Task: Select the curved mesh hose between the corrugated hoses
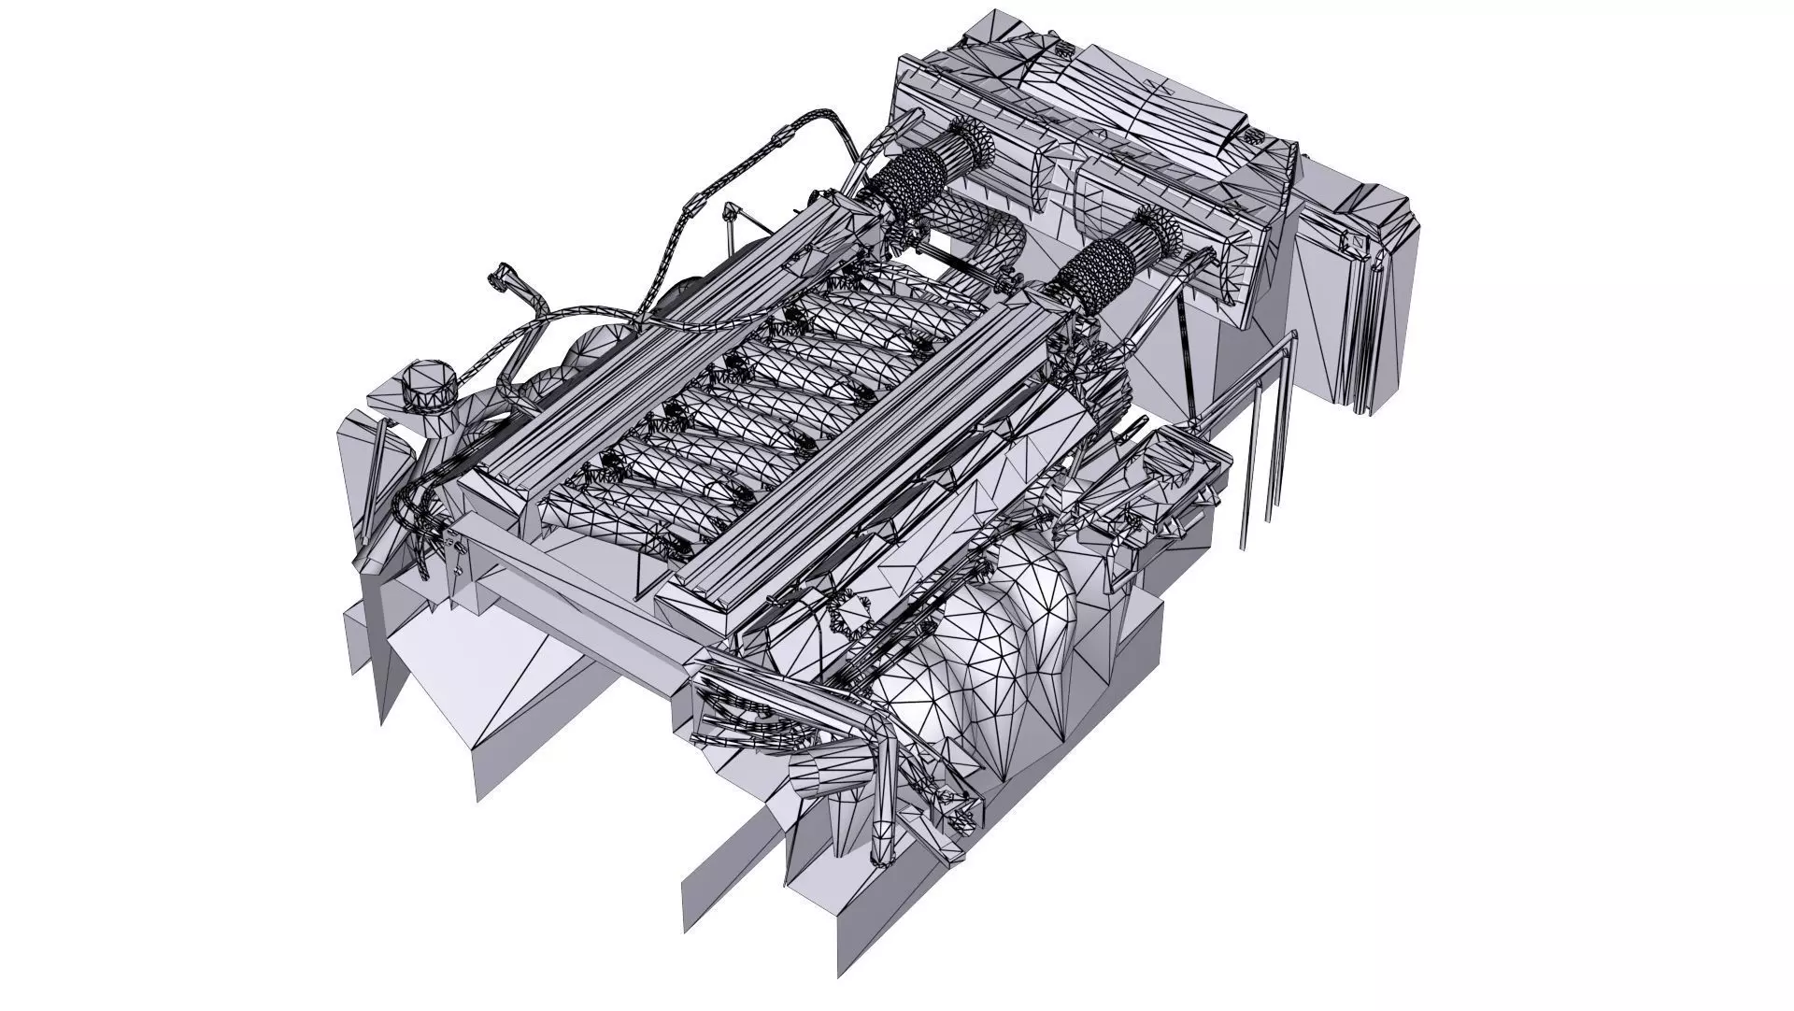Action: (990, 229)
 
